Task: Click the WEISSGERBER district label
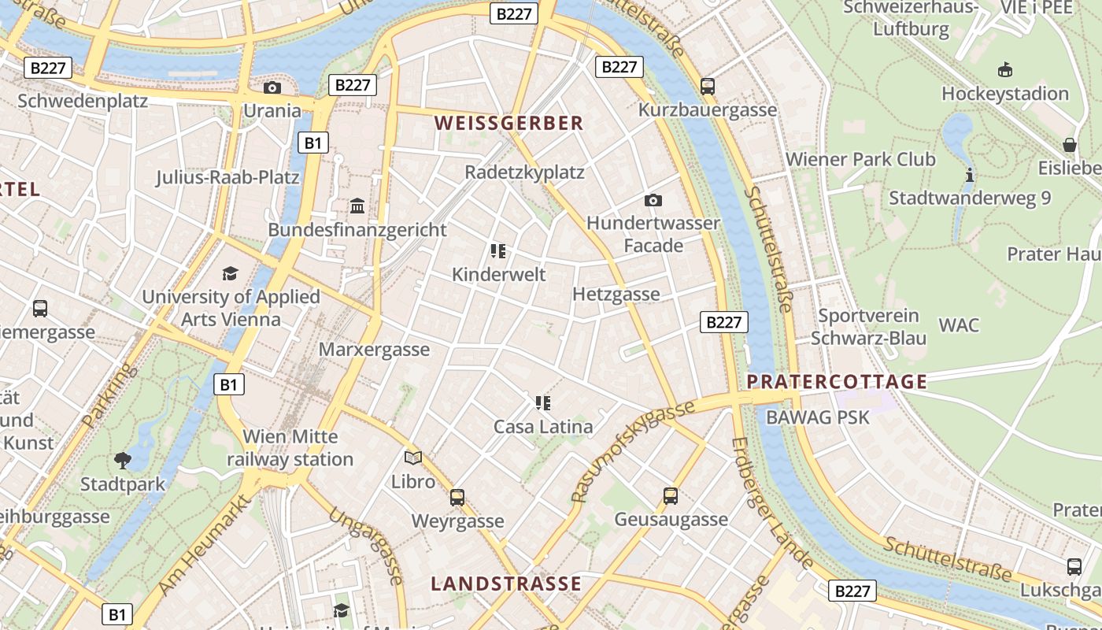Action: point(508,123)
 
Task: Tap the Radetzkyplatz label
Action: point(524,172)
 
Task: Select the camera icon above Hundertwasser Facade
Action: point(653,200)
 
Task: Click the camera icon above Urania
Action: point(272,87)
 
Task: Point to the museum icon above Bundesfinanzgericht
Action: point(357,206)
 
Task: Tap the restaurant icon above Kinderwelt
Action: point(497,251)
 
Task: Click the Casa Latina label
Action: point(543,427)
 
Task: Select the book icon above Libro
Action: point(413,458)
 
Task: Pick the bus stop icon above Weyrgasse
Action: point(457,497)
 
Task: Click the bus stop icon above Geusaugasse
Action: point(671,495)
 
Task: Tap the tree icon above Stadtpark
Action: point(123,460)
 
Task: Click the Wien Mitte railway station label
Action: point(290,447)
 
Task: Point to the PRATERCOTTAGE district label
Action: point(837,382)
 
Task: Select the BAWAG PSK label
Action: point(818,417)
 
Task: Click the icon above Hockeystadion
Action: point(1004,70)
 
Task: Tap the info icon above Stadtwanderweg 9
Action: point(970,174)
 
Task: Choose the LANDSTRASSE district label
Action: point(506,584)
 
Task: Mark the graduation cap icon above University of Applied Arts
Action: point(230,273)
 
